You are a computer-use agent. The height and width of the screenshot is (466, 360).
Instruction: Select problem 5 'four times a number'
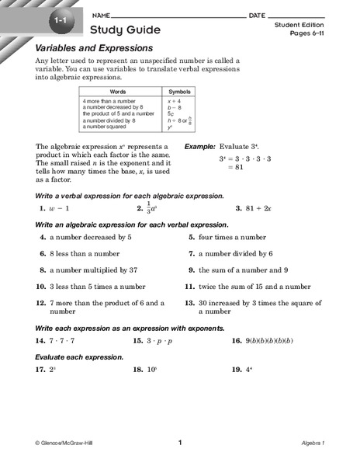tap(232, 237)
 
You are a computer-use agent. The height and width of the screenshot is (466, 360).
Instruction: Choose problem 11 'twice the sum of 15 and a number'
tap(248, 286)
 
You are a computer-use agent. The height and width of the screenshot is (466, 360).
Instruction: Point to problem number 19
tap(234, 370)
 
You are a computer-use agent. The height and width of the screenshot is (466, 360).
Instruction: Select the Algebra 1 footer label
tap(317, 443)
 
